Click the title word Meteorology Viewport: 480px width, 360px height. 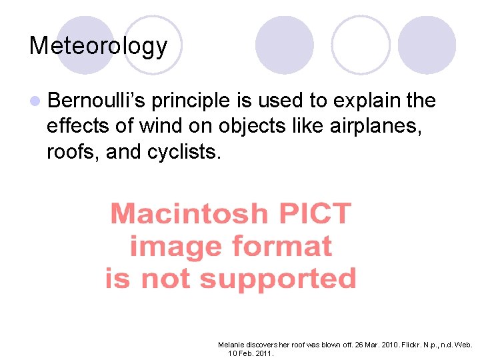[98, 46]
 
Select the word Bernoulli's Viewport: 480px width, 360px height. [97, 101]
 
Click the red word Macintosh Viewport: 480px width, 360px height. [189, 215]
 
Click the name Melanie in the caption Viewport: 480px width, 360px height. [231, 345]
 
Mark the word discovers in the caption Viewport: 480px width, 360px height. [263, 345]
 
